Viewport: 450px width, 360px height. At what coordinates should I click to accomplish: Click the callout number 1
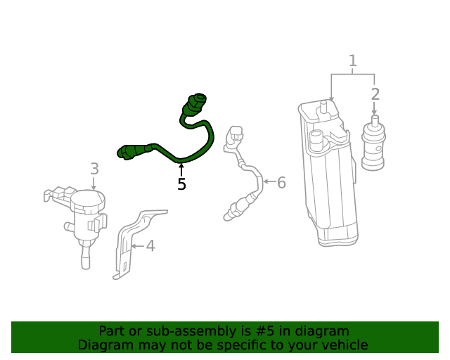[x=353, y=61]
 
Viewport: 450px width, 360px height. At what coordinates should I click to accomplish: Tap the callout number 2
[x=375, y=94]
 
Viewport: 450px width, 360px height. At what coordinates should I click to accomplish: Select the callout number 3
[x=94, y=169]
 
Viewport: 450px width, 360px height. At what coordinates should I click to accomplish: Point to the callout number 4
[x=150, y=246]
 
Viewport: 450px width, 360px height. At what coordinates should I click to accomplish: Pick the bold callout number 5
[x=181, y=184]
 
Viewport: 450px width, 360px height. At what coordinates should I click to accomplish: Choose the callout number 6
[x=281, y=183]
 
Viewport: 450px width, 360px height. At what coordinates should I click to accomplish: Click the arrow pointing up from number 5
[x=181, y=169]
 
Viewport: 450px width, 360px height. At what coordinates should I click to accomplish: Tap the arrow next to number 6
[x=269, y=181]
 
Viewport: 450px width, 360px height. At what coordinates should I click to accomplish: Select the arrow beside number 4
[x=138, y=246]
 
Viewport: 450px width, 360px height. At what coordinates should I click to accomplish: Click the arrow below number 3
[x=94, y=184]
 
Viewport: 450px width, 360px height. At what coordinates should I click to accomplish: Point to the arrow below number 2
[x=374, y=108]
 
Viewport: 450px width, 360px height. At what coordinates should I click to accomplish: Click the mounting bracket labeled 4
[x=135, y=241]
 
